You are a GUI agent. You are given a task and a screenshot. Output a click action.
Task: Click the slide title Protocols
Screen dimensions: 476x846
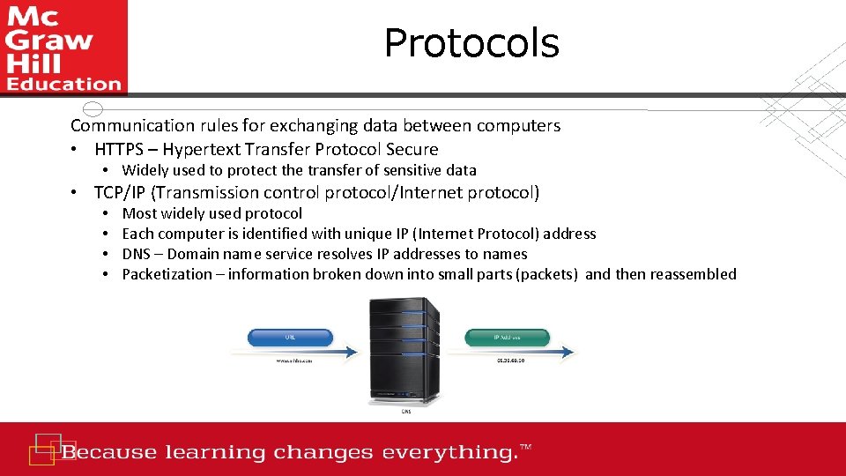pyautogui.click(x=471, y=43)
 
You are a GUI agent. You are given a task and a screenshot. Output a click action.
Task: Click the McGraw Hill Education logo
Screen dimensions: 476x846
pyautogui.click(x=63, y=48)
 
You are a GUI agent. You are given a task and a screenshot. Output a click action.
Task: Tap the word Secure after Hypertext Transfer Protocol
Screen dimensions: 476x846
pyautogui.click(x=410, y=149)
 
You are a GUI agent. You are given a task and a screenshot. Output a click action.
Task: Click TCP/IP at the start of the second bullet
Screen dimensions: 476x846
pyautogui.click(x=121, y=192)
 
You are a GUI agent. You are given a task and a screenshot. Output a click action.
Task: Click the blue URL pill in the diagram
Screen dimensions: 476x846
pyautogui.click(x=291, y=337)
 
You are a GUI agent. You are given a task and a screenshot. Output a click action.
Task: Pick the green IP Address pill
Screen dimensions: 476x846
pyautogui.click(x=507, y=337)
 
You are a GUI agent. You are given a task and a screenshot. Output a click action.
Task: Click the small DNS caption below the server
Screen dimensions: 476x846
pyautogui.click(x=406, y=411)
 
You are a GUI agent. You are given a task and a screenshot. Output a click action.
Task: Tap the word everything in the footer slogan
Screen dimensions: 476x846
pyautogui.click(x=447, y=453)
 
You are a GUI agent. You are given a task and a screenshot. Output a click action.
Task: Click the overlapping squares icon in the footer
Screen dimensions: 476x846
pyautogui.click(x=45, y=448)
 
